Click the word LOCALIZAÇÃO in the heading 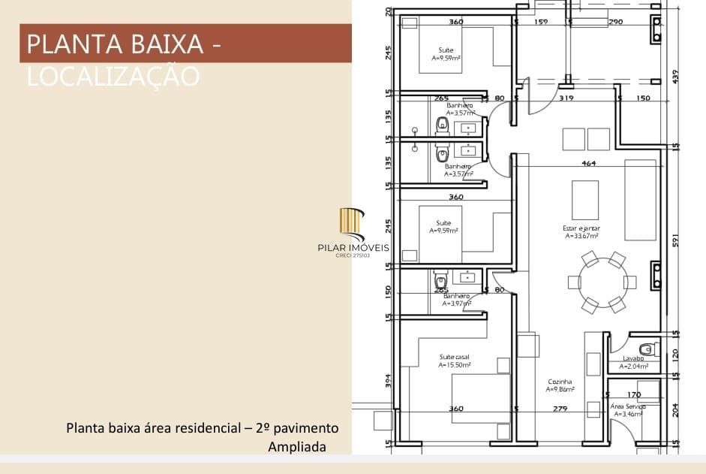click(113, 76)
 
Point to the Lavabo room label click(633, 358)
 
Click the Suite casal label click(455, 357)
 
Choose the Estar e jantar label click(581, 228)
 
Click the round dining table click(602, 282)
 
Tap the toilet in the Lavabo click(647, 349)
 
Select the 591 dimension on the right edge click(675, 238)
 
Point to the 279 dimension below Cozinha click(560, 409)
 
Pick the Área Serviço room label click(628, 406)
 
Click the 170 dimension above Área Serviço click(634, 394)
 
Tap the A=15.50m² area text click(455, 365)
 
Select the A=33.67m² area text click(581, 236)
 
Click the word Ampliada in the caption click(297, 447)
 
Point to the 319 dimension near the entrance click(566, 98)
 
